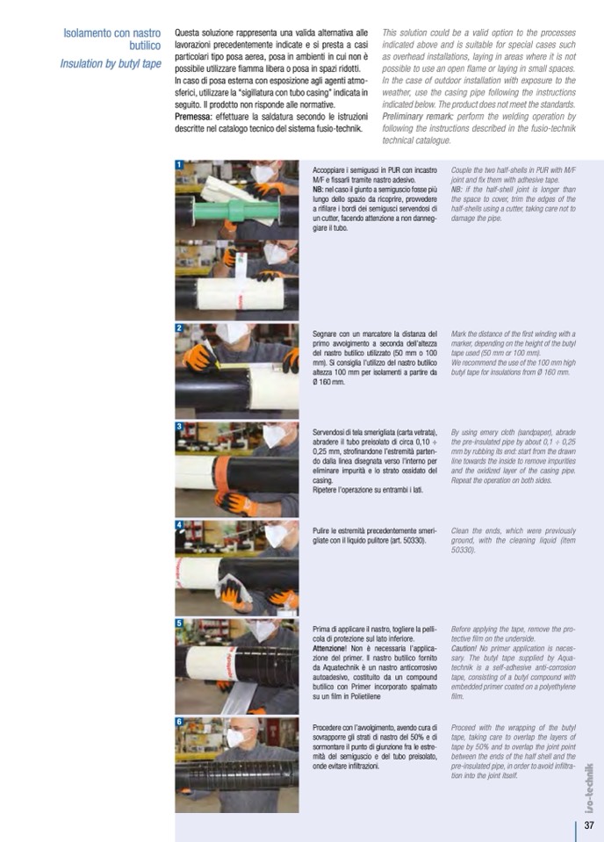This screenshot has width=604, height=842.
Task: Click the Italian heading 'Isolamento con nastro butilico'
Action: (x=112, y=40)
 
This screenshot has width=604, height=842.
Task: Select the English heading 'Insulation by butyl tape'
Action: (x=111, y=64)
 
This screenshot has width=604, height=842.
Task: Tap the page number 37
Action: (x=589, y=824)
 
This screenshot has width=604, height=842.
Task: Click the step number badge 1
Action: (x=179, y=165)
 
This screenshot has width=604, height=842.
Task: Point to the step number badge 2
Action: (x=179, y=328)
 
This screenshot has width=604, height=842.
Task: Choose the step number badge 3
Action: (x=179, y=427)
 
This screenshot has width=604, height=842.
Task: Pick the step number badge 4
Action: (x=179, y=525)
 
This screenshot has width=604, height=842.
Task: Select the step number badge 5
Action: (x=179, y=623)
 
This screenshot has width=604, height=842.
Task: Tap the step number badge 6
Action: (x=179, y=722)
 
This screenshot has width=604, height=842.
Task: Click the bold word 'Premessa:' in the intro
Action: (x=194, y=117)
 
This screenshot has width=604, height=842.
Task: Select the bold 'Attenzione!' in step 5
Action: (x=330, y=648)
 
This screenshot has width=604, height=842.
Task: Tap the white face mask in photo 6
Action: (x=237, y=738)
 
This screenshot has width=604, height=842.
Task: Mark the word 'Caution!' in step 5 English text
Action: (x=464, y=648)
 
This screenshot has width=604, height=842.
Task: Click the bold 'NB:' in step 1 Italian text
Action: (x=319, y=190)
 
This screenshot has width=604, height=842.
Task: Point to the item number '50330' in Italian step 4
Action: (x=412, y=540)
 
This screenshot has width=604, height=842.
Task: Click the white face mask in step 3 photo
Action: (x=275, y=435)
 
